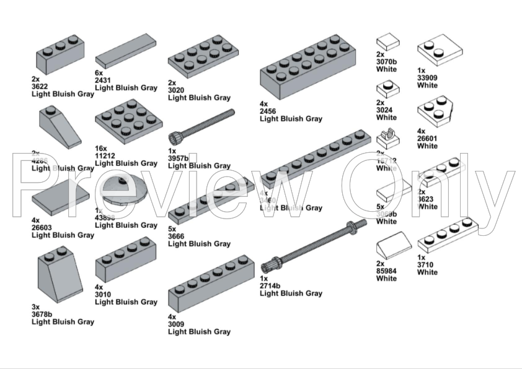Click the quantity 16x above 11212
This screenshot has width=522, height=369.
point(101,149)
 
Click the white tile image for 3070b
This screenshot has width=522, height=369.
point(388,41)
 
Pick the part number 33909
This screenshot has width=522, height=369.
point(427,78)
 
